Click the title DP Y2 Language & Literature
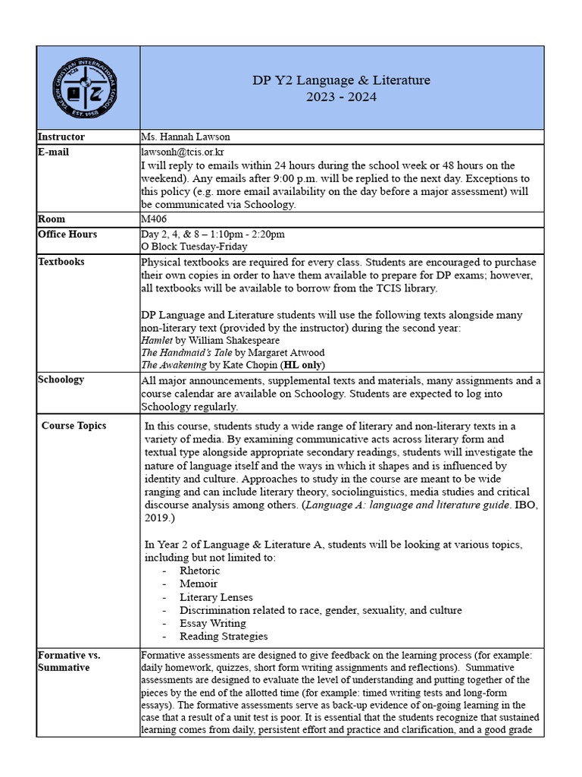point(341,80)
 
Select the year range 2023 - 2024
point(341,97)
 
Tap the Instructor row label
point(61,137)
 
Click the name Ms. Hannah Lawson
point(185,137)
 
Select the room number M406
point(155,219)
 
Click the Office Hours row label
point(67,234)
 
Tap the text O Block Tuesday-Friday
point(194,247)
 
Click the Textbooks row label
point(61,262)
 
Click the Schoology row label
point(61,379)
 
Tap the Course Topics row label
point(74,426)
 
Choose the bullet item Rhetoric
point(199,571)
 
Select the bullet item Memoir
point(198,584)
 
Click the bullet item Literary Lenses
point(216,597)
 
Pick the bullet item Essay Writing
point(212,623)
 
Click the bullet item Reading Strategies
point(224,636)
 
